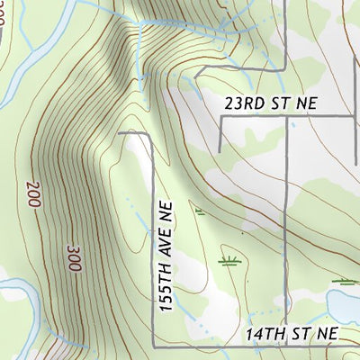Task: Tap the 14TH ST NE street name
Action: click(x=292, y=334)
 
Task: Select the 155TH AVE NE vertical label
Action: click(x=165, y=256)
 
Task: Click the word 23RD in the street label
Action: click(x=243, y=103)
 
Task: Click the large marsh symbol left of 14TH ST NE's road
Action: click(x=229, y=261)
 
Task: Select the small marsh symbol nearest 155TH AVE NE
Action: click(x=200, y=212)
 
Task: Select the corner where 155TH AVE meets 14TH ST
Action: click(x=153, y=345)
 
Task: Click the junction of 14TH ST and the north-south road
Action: click(x=286, y=345)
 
